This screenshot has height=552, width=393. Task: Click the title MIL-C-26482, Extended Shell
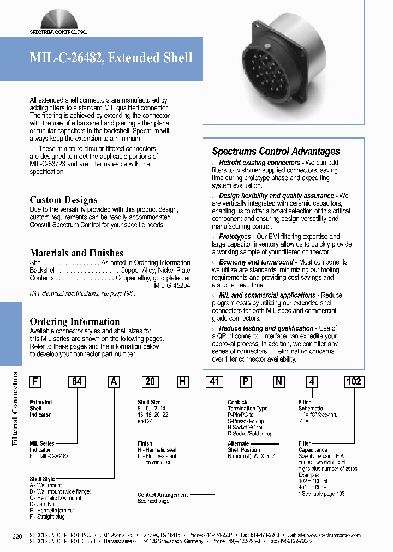pos(111,58)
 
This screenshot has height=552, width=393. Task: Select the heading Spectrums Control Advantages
pos(276,152)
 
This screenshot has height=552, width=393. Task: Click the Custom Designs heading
pos(63,200)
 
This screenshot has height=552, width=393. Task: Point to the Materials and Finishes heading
pos(76,253)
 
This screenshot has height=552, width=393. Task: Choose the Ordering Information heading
pos(74,321)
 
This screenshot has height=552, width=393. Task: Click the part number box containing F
pos(35,381)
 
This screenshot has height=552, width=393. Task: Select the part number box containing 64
pos(76,381)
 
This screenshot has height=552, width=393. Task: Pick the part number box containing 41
pos(214,381)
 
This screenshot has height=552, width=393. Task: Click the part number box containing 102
pos(354,381)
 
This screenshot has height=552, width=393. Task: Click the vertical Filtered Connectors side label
pos(16,401)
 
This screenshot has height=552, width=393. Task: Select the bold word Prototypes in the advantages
pos(235,236)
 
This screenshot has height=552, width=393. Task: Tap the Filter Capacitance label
pos(313,447)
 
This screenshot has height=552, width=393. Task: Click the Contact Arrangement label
pos(163,495)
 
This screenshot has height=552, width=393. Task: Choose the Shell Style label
pos(43,479)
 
